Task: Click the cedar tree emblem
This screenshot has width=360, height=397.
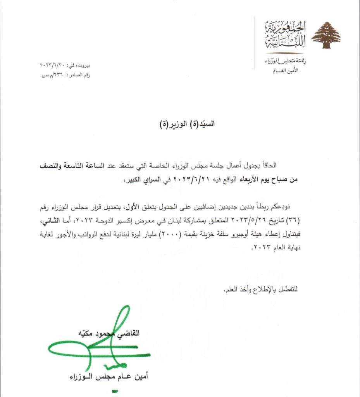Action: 326,35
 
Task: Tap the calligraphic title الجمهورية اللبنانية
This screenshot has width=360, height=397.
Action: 286,33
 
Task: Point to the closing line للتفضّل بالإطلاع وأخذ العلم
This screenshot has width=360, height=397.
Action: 260,290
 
